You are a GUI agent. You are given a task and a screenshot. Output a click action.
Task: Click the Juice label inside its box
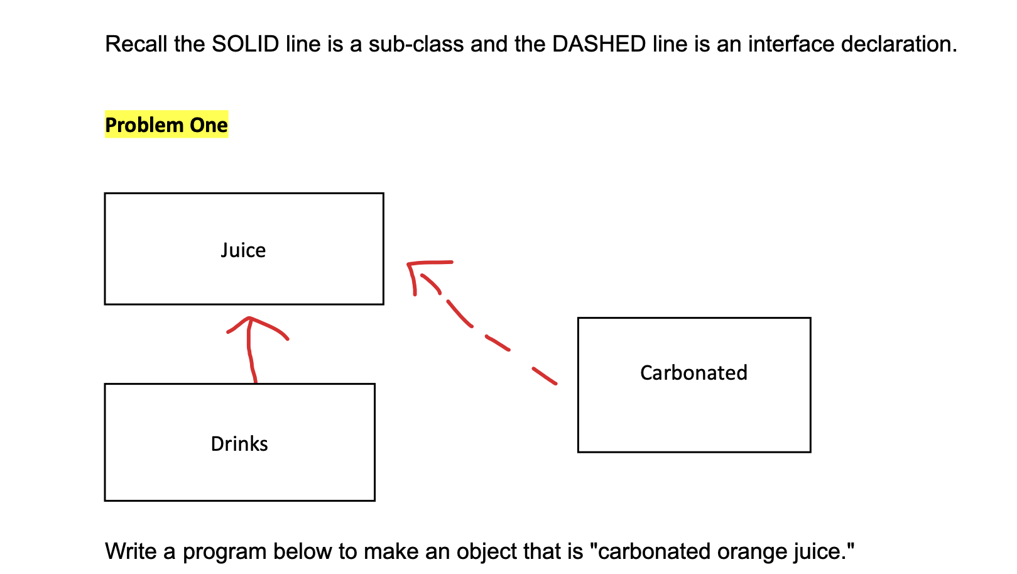(243, 250)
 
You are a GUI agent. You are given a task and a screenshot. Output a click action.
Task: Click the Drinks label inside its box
(239, 444)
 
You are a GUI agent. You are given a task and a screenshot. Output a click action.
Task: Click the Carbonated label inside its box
(693, 373)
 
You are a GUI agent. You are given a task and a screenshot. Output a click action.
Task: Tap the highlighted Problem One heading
(166, 125)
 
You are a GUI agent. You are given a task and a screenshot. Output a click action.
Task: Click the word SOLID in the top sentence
(245, 44)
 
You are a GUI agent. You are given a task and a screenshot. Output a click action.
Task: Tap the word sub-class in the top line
(416, 44)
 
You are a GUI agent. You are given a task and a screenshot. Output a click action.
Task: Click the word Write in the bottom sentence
(131, 551)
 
